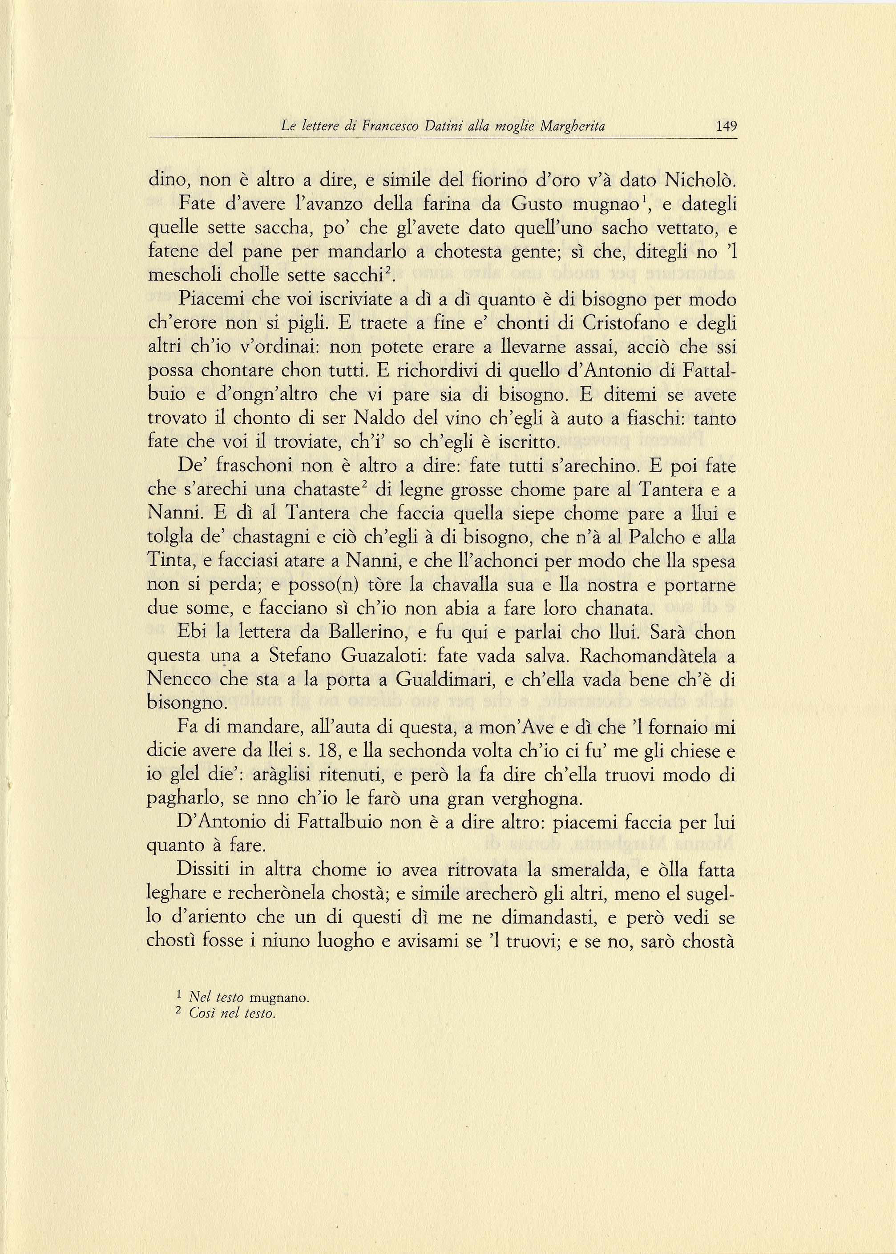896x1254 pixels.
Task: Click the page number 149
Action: [726, 126]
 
